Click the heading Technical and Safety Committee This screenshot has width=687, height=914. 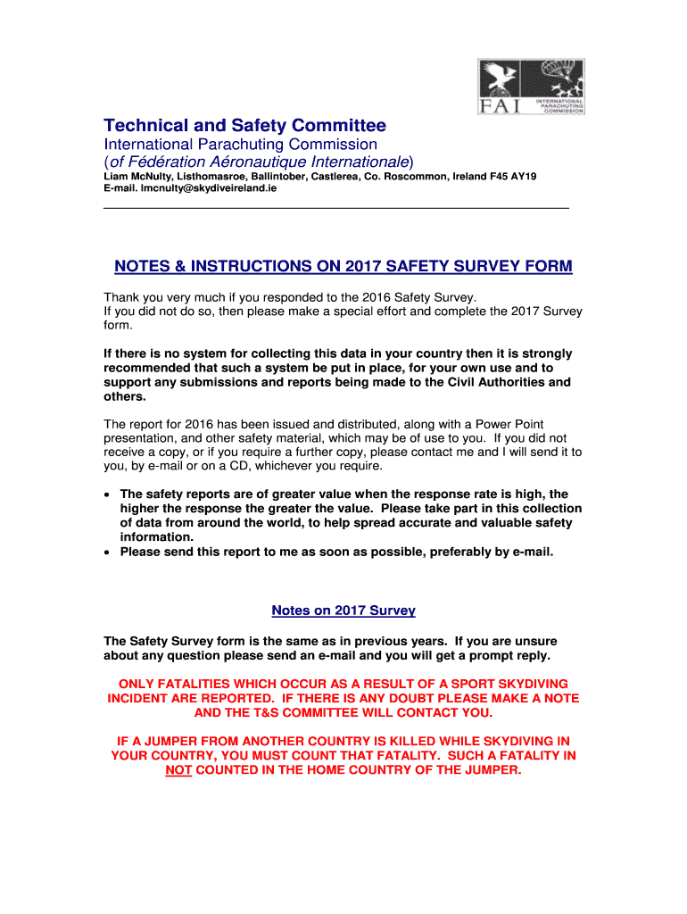click(244, 126)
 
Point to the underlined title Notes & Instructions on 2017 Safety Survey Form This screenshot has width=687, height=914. click(343, 266)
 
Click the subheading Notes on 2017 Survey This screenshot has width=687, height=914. click(343, 611)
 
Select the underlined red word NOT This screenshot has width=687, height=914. click(179, 769)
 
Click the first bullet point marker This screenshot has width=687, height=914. click(108, 494)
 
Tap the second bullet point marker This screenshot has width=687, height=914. click(108, 553)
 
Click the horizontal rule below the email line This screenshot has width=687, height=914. click(336, 208)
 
